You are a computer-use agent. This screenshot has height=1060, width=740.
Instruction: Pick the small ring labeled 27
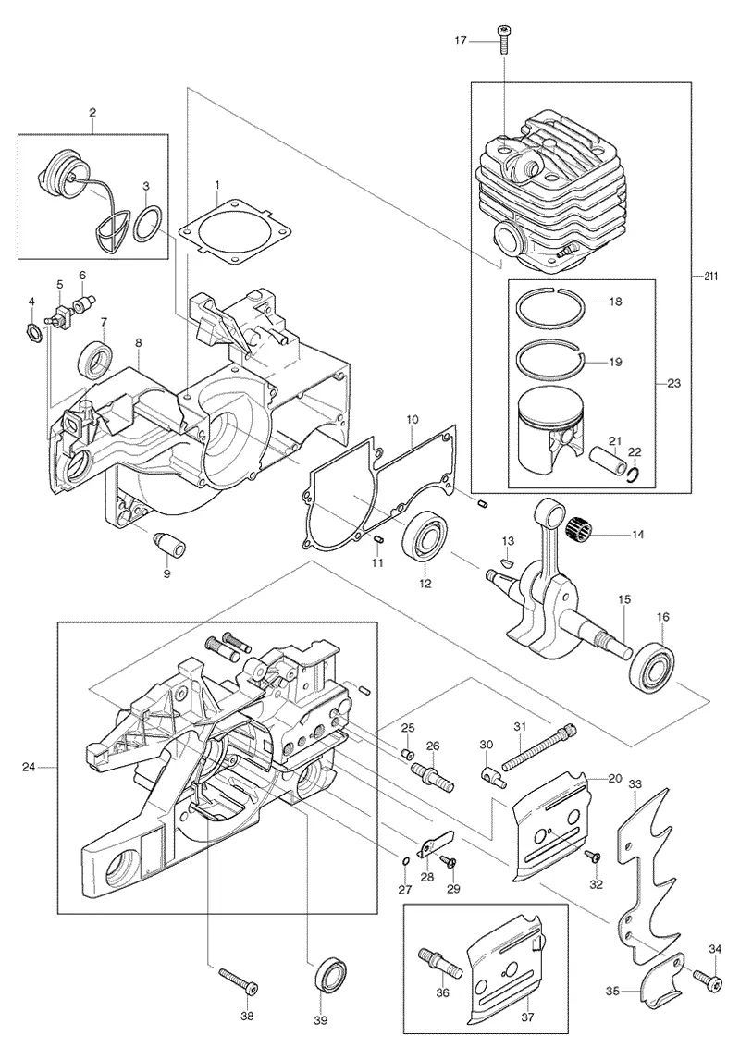tap(405, 860)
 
